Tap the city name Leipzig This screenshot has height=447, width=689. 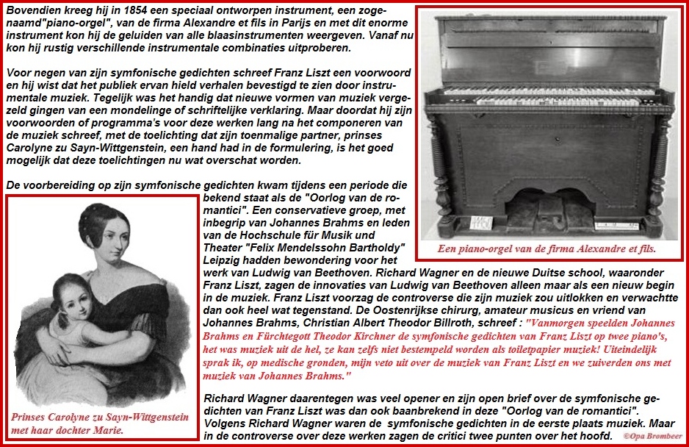(x=223, y=260)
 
